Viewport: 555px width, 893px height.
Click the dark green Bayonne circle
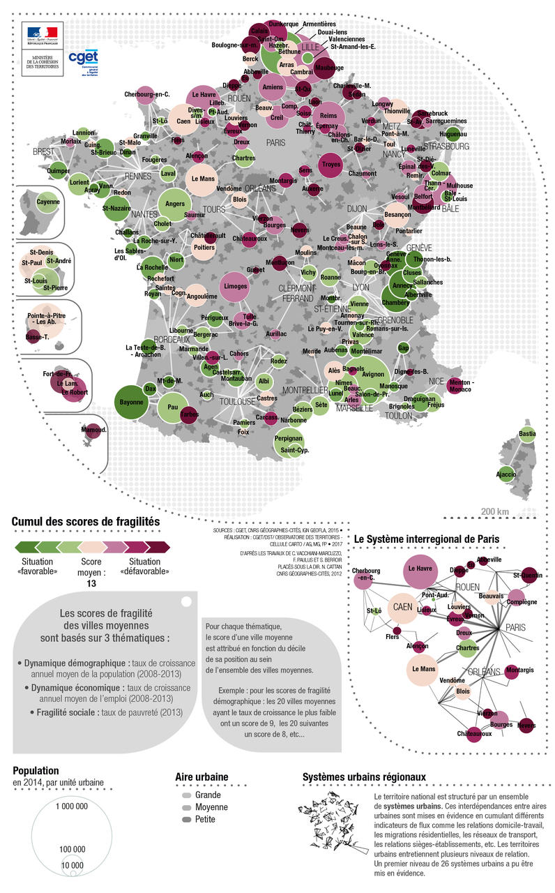132,402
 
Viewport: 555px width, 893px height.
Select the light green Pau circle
174,406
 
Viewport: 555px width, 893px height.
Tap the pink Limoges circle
237,286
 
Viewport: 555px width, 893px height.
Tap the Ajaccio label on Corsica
505,475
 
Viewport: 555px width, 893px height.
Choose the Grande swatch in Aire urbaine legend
186,795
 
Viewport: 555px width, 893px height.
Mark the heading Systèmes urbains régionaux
364,776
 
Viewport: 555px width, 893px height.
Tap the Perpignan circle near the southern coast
288,440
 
